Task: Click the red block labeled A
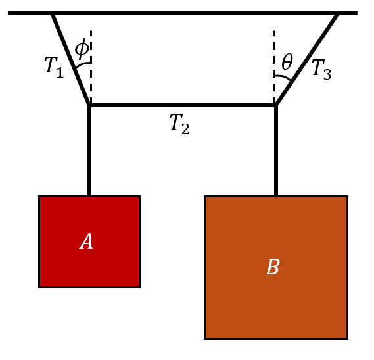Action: pos(89,242)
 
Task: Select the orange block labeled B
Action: pos(276,267)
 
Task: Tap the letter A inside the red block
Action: pos(86,242)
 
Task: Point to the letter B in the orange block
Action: pos(273,267)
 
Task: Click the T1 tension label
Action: pos(55,67)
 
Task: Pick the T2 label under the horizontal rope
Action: pos(179,124)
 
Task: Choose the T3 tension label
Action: pos(321,70)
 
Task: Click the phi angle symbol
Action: pos(82,49)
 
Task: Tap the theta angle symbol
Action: pos(287,62)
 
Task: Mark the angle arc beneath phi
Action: pos(83,64)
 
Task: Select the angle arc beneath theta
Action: pos(283,77)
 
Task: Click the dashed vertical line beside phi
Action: pos(91,67)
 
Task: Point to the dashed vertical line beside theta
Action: pos(273,67)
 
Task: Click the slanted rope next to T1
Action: pos(71,60)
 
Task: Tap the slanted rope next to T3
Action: pos(307,60)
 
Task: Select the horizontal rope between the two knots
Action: pos(183,105)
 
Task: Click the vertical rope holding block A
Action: pos(89,151)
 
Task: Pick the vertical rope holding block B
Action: pos(276,151)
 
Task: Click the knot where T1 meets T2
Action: pos(89,105)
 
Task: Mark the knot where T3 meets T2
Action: pos(276,105)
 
